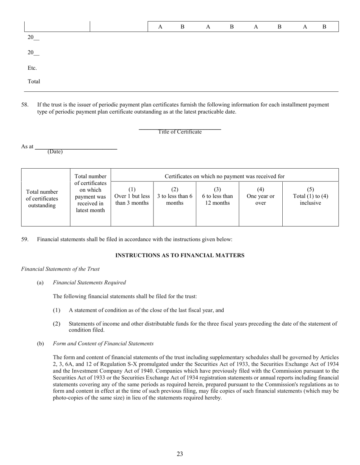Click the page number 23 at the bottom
pyautogui.click(x=180, y=454)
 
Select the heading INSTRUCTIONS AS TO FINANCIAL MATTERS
pyautogui.click(x=180, y=255)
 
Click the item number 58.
pyautogui.click(x=25, y=105)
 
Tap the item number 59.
pyautogui.click(x=25, y=239)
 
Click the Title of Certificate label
pyautogui.click(x=180, y=132)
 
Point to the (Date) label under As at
pyautogui.click(x=55, y=152)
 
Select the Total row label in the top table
pyautogui.click(x=34, y=81)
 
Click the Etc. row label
pyautogui.click(x=32, y=68)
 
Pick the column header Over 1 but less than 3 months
pyautogui.click(x=132, y=196)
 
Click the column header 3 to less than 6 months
pyautogui.click(x=175, y=196)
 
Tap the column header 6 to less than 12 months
pyautogui.click(x=217, y=196)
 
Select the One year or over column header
pyautogui.click(x=260, y=196)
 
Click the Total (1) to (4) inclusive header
pyautogui.click(x=310, y=196)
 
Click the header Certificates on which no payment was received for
pyautogui.click(x=224, y=176)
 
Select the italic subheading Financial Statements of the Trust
pyautogui.click(x=60, y=269)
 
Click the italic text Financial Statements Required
pyautogui.click(x=89, y=282)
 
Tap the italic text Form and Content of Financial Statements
pyautogui.click(x=103, y=343)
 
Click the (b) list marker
pyautogui.click(x=40, y=343)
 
